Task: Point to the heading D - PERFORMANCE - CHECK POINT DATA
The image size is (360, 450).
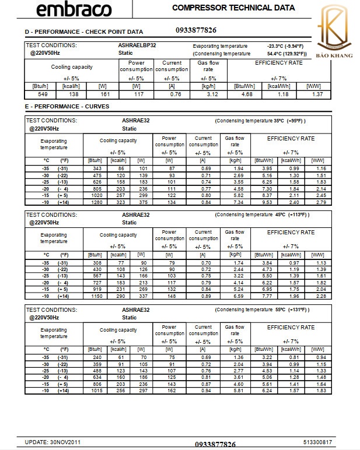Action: point(83,32)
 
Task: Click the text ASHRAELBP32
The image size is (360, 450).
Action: point(137,45)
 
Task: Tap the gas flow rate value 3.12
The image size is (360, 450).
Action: point(212,94)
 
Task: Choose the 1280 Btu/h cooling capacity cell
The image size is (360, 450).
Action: point(95,202)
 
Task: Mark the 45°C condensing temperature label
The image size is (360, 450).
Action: point(280,215)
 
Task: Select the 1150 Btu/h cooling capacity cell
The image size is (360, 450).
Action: point(95,296)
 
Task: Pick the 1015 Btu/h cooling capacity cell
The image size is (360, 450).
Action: point(95,391)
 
